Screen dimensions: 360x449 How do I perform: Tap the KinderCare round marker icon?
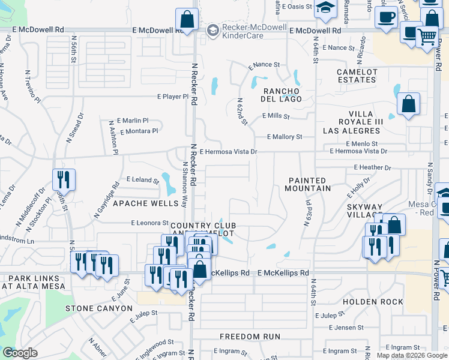click(212, 30)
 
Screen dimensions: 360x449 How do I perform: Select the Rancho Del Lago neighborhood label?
click(282, 94)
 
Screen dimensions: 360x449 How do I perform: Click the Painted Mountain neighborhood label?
click(309, 184)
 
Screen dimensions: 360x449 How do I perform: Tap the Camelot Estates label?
click(357, 76)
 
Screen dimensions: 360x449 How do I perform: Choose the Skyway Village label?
click(364, 211)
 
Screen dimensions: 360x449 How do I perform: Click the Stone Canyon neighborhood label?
click(98, 308)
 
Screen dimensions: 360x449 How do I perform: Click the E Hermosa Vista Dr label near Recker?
click(228, 152)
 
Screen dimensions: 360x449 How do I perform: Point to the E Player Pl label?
click(173, 96)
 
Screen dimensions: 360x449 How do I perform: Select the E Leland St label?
click(142, 179)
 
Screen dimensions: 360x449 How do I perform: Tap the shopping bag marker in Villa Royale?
click(408, 106)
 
